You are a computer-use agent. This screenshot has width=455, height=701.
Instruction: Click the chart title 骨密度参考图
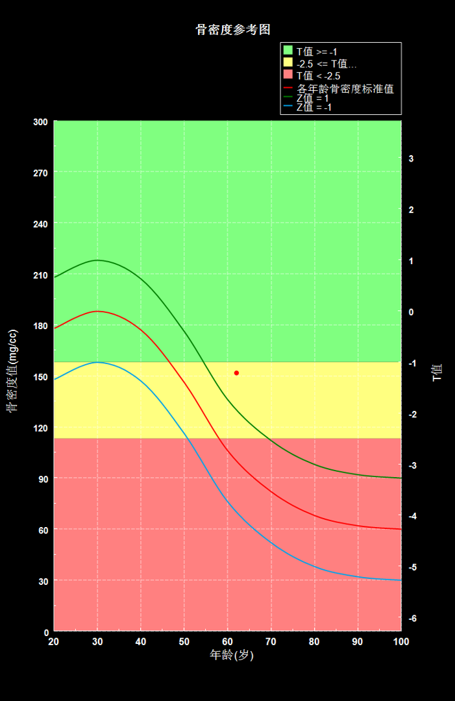[x=233, y=29]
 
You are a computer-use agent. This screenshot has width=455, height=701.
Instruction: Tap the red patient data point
[x=236, y=373]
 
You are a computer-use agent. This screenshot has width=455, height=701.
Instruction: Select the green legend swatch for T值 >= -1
[x=288, y=50]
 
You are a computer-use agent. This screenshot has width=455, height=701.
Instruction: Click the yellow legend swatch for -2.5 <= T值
[x=288, y=62]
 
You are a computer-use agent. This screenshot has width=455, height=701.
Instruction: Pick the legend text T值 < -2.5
[x=318, y=76]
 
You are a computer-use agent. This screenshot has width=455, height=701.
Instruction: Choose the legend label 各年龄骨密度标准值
[x=345, y=88]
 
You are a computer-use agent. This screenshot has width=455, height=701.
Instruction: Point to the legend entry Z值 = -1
[x=314, y=107]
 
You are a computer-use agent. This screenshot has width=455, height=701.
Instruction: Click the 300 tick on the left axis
[x=41, y=122]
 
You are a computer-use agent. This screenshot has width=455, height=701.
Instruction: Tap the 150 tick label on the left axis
[x=41, y=377]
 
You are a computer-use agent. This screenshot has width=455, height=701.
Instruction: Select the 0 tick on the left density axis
[x=46, y=633]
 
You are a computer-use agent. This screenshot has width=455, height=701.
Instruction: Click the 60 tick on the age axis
[x=227, y=641]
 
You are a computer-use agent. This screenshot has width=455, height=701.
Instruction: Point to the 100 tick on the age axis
[x=401, y=641]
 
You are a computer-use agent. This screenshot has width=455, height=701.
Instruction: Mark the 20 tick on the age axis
[x=54, y=641]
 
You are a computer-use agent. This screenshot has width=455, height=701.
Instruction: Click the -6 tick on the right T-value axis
[x=413, y=619]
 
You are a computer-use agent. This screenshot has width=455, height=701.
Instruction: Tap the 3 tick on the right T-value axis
[x=412, y=159]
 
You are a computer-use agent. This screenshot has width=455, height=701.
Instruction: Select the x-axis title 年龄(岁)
[x=232, y=656]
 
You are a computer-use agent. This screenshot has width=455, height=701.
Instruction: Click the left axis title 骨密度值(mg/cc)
[x=12, y=371]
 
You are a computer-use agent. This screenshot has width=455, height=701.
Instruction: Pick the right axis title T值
[x=437, y=373]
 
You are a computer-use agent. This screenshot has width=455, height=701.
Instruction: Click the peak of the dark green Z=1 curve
[x=97, y=260]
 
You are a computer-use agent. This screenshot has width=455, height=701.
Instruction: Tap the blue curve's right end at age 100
[x=401, y=580]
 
